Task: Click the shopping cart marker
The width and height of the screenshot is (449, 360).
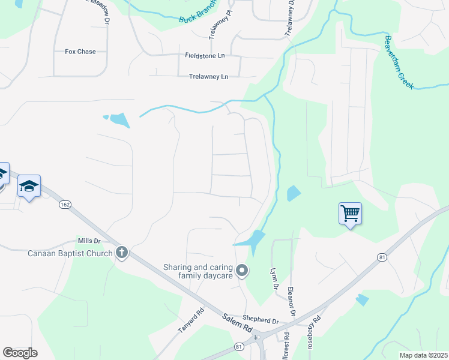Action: pyautogui.click(x=350, y=212)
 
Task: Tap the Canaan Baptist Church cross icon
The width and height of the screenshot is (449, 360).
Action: pyautogui.click(x=122, y=252)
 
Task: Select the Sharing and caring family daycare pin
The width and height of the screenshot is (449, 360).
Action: pyautogui.click(x=242, y=271)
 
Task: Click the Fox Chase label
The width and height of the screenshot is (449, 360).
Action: pyautogui.click(x=80, y=52)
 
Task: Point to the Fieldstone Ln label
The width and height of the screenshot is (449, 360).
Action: pyautogui.click(x=205, y=55)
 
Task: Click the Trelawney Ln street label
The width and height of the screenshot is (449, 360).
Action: pyautogui.click(x=208, y=77)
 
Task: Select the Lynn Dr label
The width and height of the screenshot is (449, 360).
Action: pyautogui.click(x=275, y=278)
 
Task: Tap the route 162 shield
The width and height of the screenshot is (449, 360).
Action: pyautogui.click(x=64, y=205)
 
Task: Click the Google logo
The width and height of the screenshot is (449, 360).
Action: pyautogui.click(x=20, y=353)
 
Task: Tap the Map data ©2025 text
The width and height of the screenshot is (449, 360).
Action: pyautogui.click(x=423, y=355)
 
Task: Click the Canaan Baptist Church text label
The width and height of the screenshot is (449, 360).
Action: pyautogui.click(x=70, y=253)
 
